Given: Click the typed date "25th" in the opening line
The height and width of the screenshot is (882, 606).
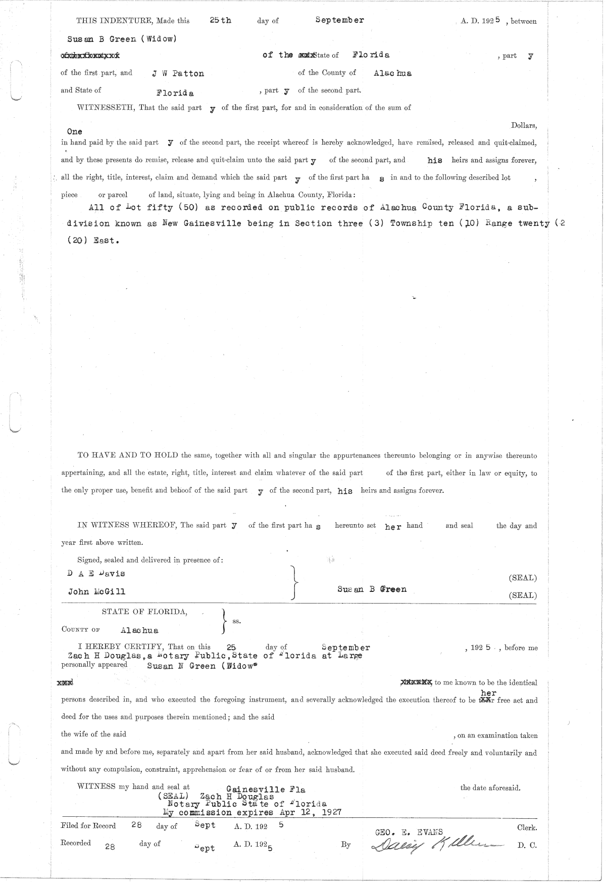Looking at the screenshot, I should pyautogui.click(x=220, y=20).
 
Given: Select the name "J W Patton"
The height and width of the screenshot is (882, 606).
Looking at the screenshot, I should pyautogui.click(x=178, y=73).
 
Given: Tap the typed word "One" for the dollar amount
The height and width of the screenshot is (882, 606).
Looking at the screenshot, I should pyautogui.click(x=74, y=131).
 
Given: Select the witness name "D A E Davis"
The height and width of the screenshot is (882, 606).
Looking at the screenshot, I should pyautogui.click(x=96, y=573).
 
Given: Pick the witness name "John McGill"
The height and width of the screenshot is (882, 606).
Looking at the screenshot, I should pyautogui.click(x=96, y=591).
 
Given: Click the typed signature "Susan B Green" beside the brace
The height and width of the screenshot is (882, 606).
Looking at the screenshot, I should pyautogui.click(x=372, y=589).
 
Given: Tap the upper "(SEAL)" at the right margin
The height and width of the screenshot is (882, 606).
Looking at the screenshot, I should pyautogui.click(x=523, y=578).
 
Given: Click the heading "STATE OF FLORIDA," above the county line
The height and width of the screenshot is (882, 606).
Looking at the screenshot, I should pyautogui.click(x=144, y=612).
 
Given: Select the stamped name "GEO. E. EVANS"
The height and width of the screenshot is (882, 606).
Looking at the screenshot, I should pyautogui.click(x=409, y=832).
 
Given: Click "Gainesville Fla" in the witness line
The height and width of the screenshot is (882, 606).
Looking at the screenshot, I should pyautogui.click(x=266, y=789).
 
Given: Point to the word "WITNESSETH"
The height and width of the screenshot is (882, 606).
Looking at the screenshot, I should pyautogui.click(x=105, y=107).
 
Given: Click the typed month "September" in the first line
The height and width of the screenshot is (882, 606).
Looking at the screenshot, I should pyautogui.click(x=339, y=20).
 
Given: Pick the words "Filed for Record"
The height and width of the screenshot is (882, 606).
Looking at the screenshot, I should pyautogui.click(x=88, y=826).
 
